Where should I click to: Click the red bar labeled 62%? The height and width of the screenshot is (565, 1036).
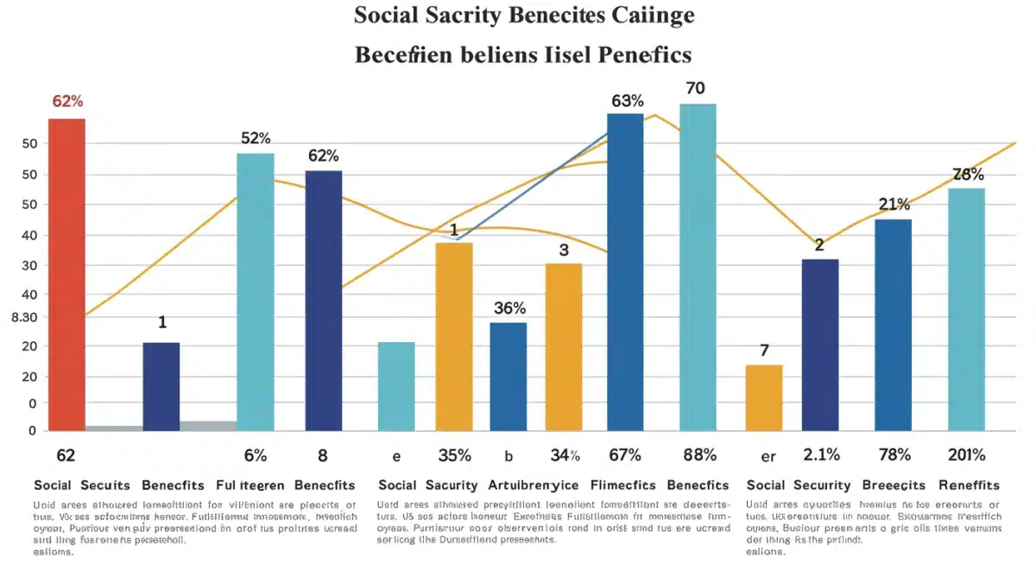[66, 274]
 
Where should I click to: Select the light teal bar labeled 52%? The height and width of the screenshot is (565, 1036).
[256, 291]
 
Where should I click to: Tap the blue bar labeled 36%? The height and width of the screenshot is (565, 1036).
[508, 376]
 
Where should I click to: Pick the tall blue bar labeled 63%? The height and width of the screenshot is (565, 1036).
[625, 271]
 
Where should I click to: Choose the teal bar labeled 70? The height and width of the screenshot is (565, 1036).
[698, 267]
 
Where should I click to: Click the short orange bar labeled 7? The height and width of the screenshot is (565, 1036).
[764, 397]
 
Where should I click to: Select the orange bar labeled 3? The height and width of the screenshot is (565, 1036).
[564, 346]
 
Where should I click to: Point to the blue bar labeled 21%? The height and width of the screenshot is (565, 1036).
[893, 324]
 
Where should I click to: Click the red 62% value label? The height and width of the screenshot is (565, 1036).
[67, 101]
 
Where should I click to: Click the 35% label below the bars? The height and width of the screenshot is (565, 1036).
[453, 455]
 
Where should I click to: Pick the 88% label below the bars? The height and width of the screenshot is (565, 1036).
[698, 455]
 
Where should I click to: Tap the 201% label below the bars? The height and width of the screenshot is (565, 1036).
[967, 455]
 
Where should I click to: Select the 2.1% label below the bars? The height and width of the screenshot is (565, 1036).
[820, 455]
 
